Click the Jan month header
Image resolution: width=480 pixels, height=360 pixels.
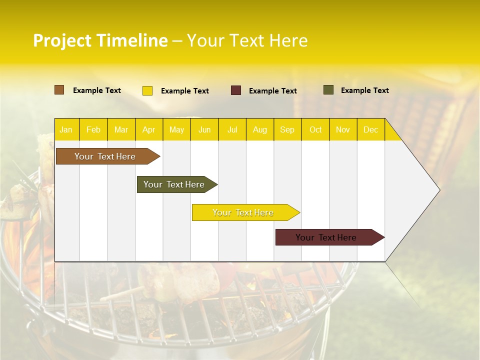point(66,129)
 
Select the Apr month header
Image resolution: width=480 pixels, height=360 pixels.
point(148,129)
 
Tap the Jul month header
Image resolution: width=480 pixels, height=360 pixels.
point(232,129)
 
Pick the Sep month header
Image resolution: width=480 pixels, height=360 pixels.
point(287,129)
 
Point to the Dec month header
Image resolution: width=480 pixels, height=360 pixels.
point(370,129)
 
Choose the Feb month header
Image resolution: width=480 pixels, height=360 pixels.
point(93,129)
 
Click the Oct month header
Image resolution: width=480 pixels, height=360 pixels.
point(315,129)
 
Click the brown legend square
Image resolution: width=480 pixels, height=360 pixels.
point(59,90)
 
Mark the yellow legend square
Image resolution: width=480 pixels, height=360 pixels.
point(147,90)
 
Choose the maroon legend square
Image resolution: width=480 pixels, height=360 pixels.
point(236,90)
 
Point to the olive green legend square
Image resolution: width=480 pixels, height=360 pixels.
point(328,90)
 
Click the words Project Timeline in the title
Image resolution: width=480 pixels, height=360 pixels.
point(100,40)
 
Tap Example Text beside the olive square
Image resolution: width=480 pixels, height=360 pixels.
point(364,90)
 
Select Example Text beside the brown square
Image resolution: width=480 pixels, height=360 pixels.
point(97,90)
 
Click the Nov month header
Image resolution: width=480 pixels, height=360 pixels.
point(343,129)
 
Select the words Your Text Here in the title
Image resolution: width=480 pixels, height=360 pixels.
point(247,40)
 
